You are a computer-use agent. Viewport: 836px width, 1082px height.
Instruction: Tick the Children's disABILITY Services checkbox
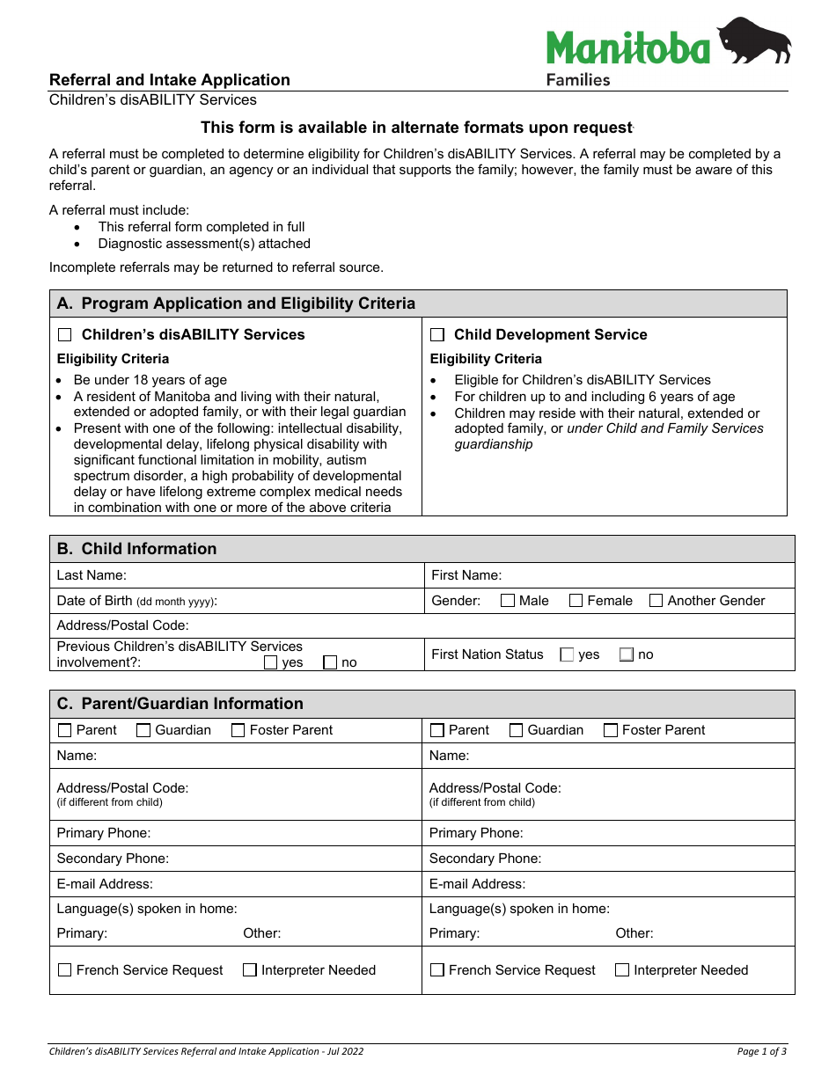[65, 335]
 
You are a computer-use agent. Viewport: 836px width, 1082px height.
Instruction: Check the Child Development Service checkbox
[437, 335]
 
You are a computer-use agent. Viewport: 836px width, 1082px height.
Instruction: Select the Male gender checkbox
[508, 601]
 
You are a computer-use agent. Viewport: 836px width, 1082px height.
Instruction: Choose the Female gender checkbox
[576, 601]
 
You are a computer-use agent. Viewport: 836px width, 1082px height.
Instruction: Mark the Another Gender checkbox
[656, 601]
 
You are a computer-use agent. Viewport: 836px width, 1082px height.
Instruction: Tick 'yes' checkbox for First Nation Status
[567, 654]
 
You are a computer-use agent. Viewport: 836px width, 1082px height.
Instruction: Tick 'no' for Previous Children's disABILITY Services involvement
[330, 662]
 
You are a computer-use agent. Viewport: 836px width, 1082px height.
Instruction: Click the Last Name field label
[92, 575]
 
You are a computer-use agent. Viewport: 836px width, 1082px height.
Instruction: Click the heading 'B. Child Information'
[136, 549]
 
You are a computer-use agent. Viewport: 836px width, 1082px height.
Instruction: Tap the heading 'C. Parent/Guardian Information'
[180, 704]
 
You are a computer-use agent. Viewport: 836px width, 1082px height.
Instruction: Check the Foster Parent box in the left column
[238, 730]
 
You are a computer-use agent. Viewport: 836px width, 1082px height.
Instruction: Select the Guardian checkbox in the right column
[517, 730]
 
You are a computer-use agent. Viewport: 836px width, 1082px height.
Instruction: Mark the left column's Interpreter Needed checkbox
[250, 970]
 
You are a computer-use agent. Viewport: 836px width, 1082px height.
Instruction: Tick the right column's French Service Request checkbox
[437, 970]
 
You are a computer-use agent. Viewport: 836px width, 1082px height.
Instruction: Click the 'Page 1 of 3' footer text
[761, 1051]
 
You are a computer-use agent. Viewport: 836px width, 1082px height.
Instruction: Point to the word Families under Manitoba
[578, 80]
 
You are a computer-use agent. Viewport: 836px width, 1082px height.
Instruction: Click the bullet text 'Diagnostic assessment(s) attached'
[204, 244]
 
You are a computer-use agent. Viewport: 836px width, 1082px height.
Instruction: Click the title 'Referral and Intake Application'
[170, 80]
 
